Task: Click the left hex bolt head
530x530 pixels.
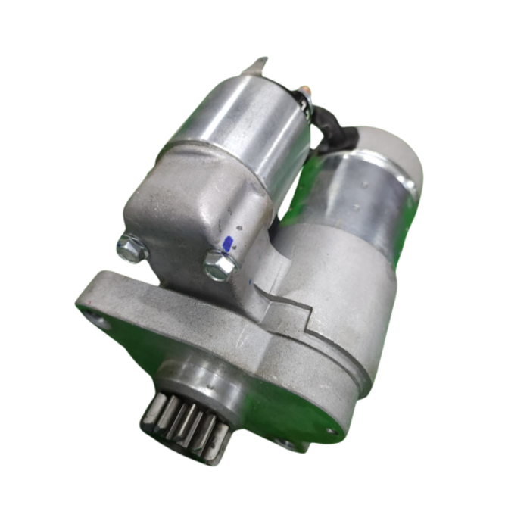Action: point(132,248)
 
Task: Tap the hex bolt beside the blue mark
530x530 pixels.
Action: point(220,265)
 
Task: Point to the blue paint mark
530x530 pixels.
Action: point(228,244)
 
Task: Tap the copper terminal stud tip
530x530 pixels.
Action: point(306,90)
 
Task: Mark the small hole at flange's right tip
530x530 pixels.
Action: point(330,431)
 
